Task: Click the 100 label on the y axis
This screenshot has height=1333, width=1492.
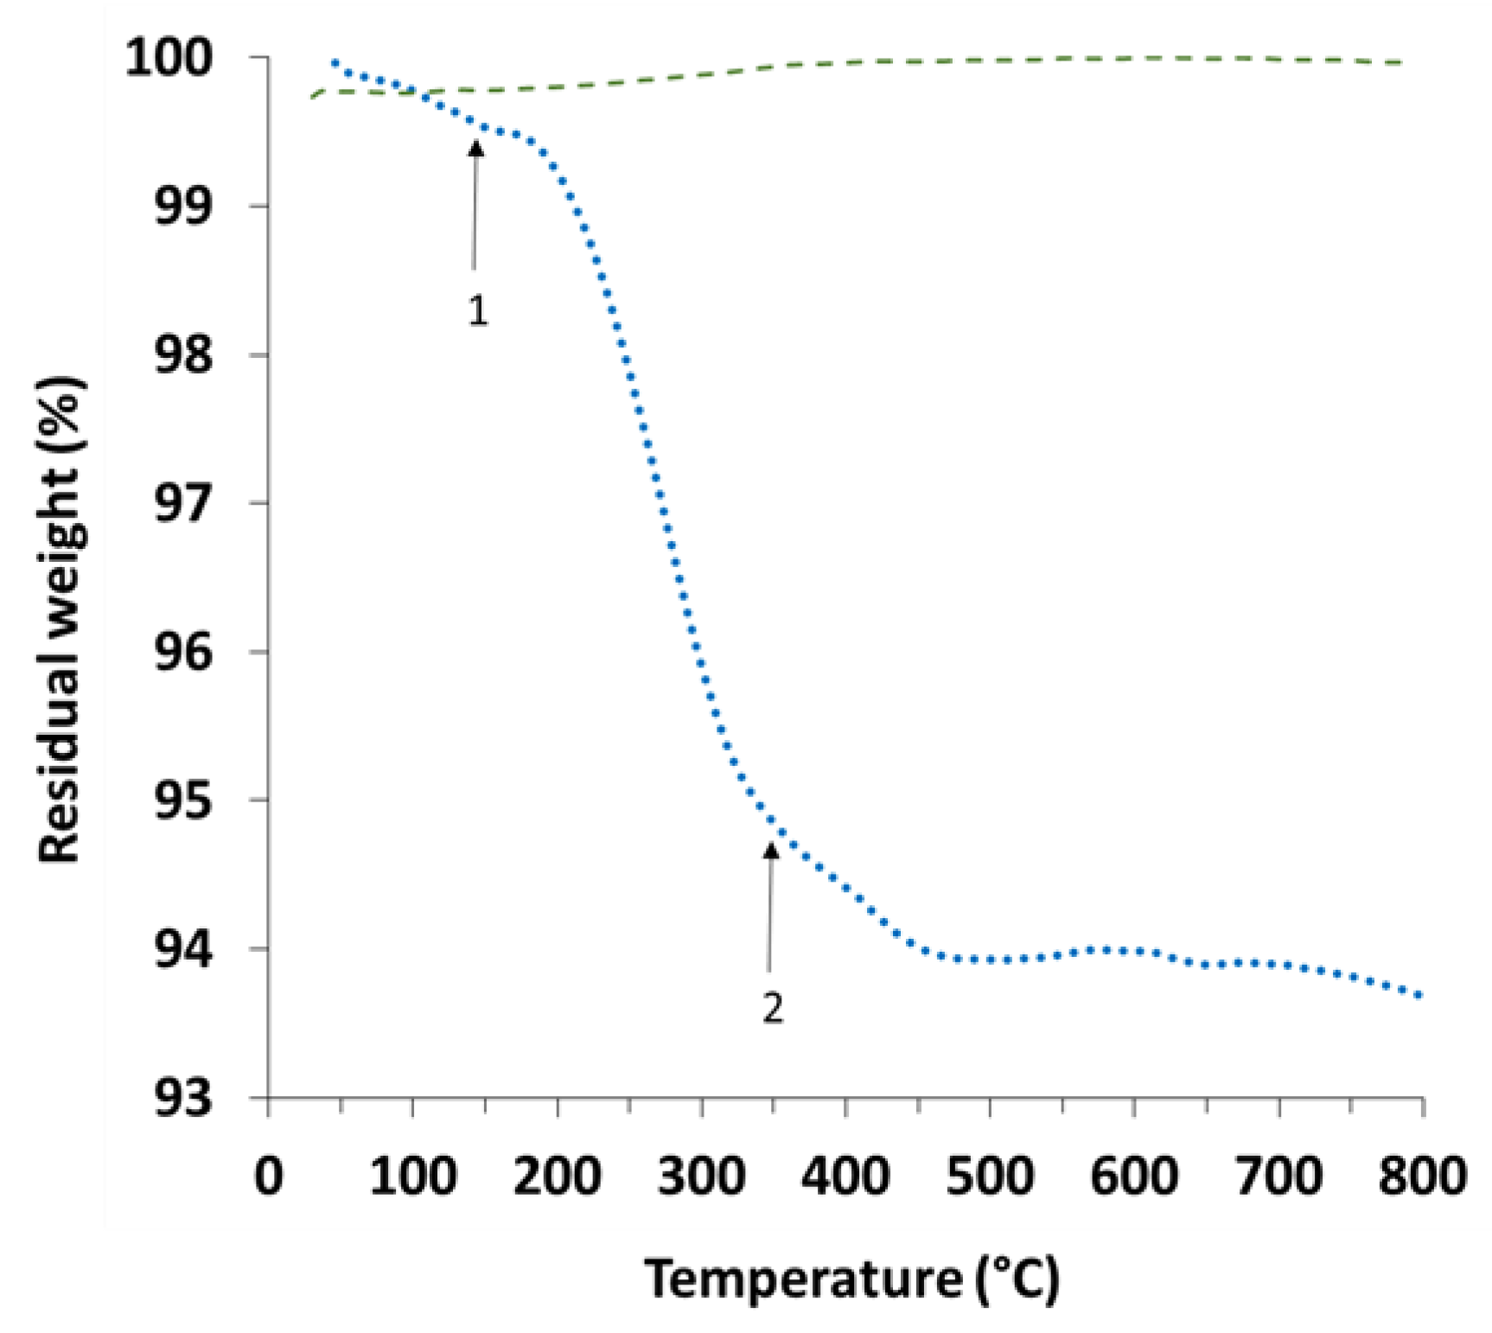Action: pos(169,59)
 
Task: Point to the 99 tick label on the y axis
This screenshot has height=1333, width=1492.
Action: pos(183,207)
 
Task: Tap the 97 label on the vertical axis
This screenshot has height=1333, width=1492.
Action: pos(183,504)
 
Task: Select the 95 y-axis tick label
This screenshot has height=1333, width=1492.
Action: pos(183,801)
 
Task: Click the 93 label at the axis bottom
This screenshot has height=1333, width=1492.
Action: pos(183,1099)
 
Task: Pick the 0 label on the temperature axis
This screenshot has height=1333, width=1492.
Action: pos(269,1177)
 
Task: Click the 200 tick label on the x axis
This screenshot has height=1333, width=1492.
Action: pos(557,1177)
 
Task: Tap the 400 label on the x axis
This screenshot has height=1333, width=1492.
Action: pos(845,1177)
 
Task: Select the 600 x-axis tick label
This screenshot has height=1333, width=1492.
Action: pos(1133,1177)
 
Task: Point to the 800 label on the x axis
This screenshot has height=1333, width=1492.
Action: pos(1421,1177)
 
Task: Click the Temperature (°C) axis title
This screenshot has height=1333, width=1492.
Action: pos(851,1279)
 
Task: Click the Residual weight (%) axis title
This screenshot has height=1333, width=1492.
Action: pos(61,619)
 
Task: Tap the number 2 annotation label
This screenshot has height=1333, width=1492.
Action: pos(772,1008)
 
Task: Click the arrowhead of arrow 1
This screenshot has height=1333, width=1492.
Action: pos(475,148)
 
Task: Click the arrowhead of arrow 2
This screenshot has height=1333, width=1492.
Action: pos(770,851)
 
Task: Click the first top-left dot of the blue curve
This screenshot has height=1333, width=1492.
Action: pos(335,62)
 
